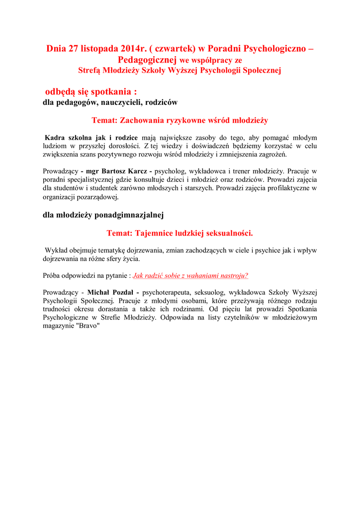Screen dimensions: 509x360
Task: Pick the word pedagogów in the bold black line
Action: [x=78, y=102]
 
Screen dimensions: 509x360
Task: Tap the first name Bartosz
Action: [x=115, y=171]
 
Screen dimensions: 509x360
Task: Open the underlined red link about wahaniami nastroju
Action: [x=190, y=275]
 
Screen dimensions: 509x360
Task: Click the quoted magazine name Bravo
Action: [x=90, y=326]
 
